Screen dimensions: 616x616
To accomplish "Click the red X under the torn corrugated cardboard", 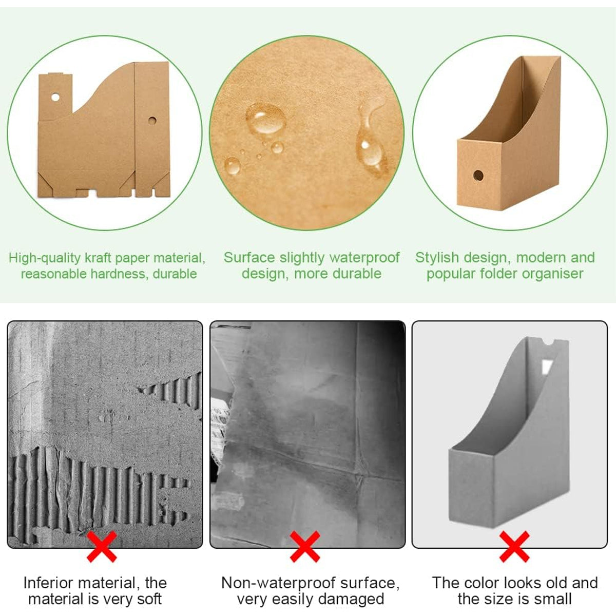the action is tap(102, 547).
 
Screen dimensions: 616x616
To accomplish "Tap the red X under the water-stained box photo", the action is tap(304, 547).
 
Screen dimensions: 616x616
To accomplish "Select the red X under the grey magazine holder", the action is tap(514, 547).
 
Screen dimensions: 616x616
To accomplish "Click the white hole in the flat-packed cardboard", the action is tap(55, 97).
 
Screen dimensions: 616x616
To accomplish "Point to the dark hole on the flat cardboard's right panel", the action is tap(152, 121).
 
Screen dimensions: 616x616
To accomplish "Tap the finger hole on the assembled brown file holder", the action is tap(478, 176).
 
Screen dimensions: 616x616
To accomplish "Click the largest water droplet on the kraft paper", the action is tap(266, 119).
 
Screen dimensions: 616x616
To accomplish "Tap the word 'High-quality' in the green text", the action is tap(45, 258).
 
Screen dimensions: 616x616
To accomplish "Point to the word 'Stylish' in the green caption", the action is tap(437, 258).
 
